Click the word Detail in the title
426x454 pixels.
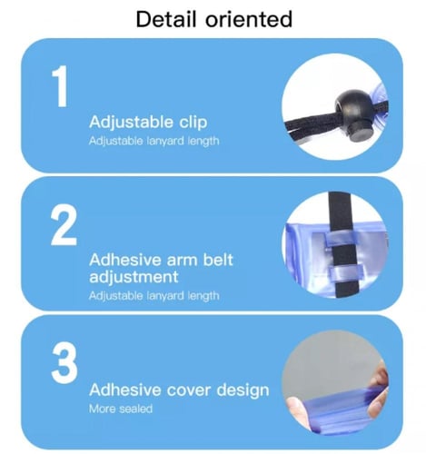pyautogui.click(x=166, y=19)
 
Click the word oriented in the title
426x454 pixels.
pyautogui.click(x=249, y=19)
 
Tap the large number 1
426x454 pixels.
pyautogui.click(x=61, y=86)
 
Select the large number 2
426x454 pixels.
pyautogui.click(x=64, y=224)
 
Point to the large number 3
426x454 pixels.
pyautogui.click(x=64, y=363)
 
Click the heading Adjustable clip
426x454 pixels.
pyautogui.click(x=148, y=123)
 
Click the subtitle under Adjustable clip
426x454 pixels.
pyautogui.click(x=154, y=141)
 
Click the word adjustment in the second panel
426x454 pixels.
pyautogui.click(x=134, y=277)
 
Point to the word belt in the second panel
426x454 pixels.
pyautogui.click(x=218, y=260)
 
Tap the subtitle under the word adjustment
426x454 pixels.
pyautogui.click(x=154, y=296)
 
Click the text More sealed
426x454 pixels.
pyautogui.click(x=121, y=409)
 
